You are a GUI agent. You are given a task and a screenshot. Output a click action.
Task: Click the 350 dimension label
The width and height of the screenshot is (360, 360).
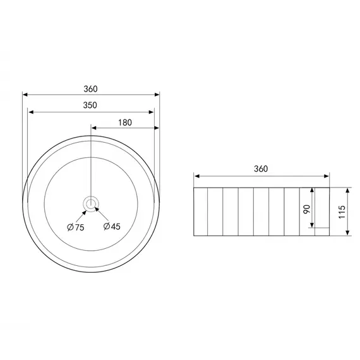coord(90,105)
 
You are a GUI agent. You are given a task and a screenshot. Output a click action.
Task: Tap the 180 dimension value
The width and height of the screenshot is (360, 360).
coord(125,123)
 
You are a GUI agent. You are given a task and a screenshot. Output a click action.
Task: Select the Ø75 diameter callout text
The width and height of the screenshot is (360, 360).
coord(76,227)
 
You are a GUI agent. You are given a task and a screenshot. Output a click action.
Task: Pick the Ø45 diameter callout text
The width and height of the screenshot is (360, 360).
coord(112,226)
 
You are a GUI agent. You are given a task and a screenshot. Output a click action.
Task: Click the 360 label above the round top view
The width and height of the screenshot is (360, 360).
coord(90,89)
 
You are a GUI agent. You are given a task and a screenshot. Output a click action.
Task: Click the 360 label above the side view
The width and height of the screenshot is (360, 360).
coord(261,169)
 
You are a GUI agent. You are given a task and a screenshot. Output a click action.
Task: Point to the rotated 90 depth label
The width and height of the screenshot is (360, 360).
coord(307,209)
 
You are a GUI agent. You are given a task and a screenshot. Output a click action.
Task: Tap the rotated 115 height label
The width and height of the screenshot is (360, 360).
coord(342,212)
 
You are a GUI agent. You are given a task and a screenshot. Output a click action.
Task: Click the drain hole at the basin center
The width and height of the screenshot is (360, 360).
coord(91,203)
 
